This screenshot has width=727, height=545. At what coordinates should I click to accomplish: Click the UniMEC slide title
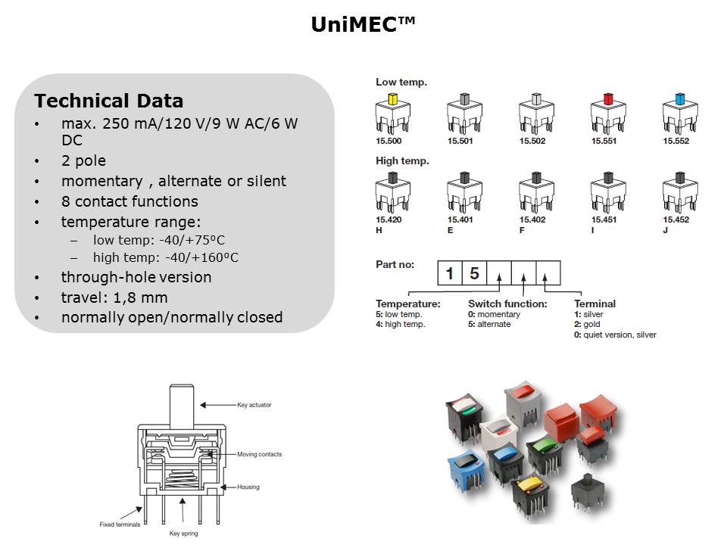[363, 24]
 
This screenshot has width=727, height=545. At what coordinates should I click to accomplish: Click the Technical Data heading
[109, 101]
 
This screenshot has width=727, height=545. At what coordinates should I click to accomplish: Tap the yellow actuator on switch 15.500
[393, 98]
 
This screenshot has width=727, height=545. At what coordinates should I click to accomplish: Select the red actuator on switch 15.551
[608, 98]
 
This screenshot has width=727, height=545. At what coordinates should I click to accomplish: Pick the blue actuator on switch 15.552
[680, 98]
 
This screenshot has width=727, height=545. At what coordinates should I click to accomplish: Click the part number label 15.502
[532, 141]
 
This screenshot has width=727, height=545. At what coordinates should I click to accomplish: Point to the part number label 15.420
[388, 220]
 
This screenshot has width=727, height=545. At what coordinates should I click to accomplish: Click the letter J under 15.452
[666, 230]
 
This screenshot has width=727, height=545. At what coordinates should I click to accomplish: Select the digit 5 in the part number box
[474, 273]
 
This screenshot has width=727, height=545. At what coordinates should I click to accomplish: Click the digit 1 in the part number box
[449, 273]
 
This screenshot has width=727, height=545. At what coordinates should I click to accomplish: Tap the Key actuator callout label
[254, 405]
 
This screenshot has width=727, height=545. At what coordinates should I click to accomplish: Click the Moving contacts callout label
[260, 455]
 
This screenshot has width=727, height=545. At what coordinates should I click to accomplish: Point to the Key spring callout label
[183, 534]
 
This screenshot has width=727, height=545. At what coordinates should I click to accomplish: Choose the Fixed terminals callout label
[120, 525]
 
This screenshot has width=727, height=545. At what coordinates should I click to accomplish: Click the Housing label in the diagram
[248, 487]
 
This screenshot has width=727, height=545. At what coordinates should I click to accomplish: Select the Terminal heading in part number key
[595, 304]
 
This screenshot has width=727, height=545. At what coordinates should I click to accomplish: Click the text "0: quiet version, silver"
[615, 335]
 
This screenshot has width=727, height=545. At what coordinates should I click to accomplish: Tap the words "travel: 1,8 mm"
[114, 297]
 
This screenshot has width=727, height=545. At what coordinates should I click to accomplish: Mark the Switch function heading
[507, 304]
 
